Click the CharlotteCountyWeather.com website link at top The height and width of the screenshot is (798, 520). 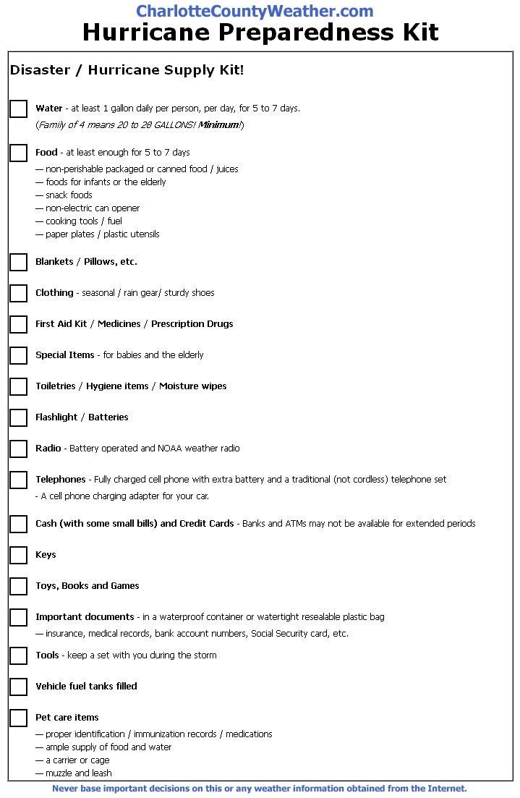(255, 12)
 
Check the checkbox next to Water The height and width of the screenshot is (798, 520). (19, 109)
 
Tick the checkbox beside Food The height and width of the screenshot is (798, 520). (19, 153)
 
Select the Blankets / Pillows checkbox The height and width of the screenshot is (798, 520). (19, 262)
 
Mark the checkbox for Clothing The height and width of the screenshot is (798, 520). (19, 293)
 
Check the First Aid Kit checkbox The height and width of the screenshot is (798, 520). (19, 324)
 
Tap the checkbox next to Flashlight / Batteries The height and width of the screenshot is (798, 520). (19, 417)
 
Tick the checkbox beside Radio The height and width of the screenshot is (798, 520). (19, 449)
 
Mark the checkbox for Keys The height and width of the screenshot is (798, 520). (19, 555)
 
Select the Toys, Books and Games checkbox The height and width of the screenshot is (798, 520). (19, 586)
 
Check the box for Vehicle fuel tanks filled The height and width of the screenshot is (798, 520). (19, 687)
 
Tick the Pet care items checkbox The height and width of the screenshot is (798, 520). (19, 718)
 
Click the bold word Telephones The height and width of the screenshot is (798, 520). (60, 480)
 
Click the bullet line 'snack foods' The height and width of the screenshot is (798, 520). (69, 195)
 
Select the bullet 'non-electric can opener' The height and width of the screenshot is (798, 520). (93, 208)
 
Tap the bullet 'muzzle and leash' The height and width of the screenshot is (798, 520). (78, 773)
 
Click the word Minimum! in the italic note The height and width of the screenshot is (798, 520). (221, 125)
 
